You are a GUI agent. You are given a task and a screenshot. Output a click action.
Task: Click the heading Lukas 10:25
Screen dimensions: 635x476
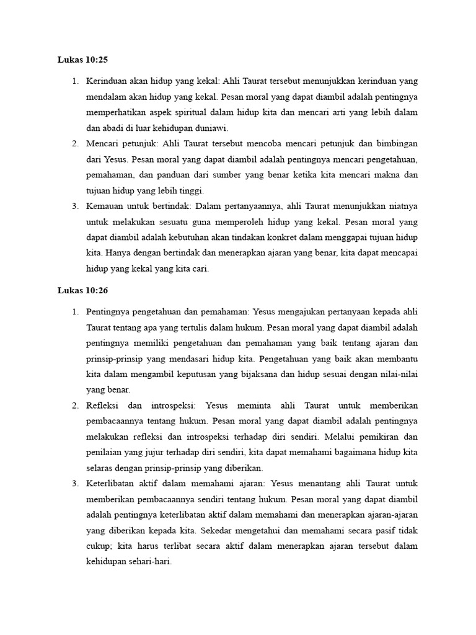tap(82, 60)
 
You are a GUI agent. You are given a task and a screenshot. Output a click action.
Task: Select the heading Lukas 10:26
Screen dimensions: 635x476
tap(82, 290)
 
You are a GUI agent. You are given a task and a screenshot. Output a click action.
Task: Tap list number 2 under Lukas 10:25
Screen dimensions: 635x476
tap(74, 144)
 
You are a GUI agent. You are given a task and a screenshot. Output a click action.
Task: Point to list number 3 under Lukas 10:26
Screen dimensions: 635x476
tap(74, 484)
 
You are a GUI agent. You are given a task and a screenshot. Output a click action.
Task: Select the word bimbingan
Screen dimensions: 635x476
tap(392, 144)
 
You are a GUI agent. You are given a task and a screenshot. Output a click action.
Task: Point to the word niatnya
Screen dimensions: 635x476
tap(402, 206)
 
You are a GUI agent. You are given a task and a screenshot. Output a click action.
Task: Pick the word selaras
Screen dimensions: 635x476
tap(100, 468)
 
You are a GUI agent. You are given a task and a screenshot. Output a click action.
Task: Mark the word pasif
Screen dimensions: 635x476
tap(386, 530)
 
